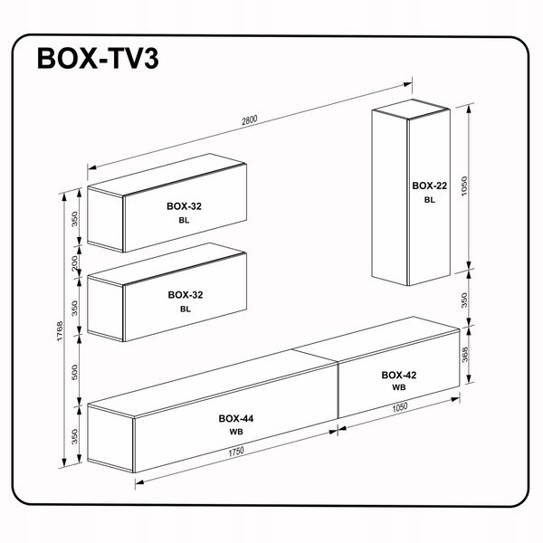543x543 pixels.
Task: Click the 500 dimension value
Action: [77, 372]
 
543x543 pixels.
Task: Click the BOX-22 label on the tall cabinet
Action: [429, 186]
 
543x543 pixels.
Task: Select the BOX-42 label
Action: [398, 374]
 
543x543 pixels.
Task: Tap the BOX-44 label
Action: [236, 418]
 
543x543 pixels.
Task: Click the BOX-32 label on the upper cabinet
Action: [185, 206]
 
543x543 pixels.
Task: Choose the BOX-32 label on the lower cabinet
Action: [185, 295]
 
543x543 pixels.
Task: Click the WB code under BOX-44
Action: [236, 432]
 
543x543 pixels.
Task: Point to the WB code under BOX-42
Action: [398, 387]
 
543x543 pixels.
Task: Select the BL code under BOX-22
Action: [429, 200]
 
